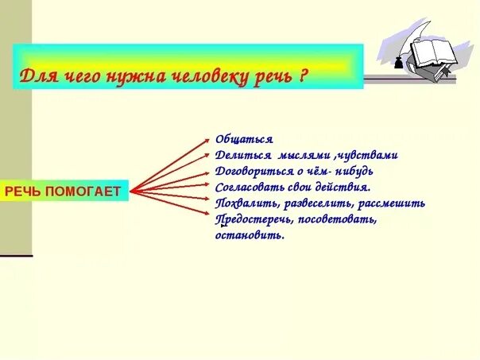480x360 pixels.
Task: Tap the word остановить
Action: pyautogui.click(x=250, y=234)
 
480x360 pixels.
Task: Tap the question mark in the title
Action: pyautogui.click(x=304, y=77)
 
